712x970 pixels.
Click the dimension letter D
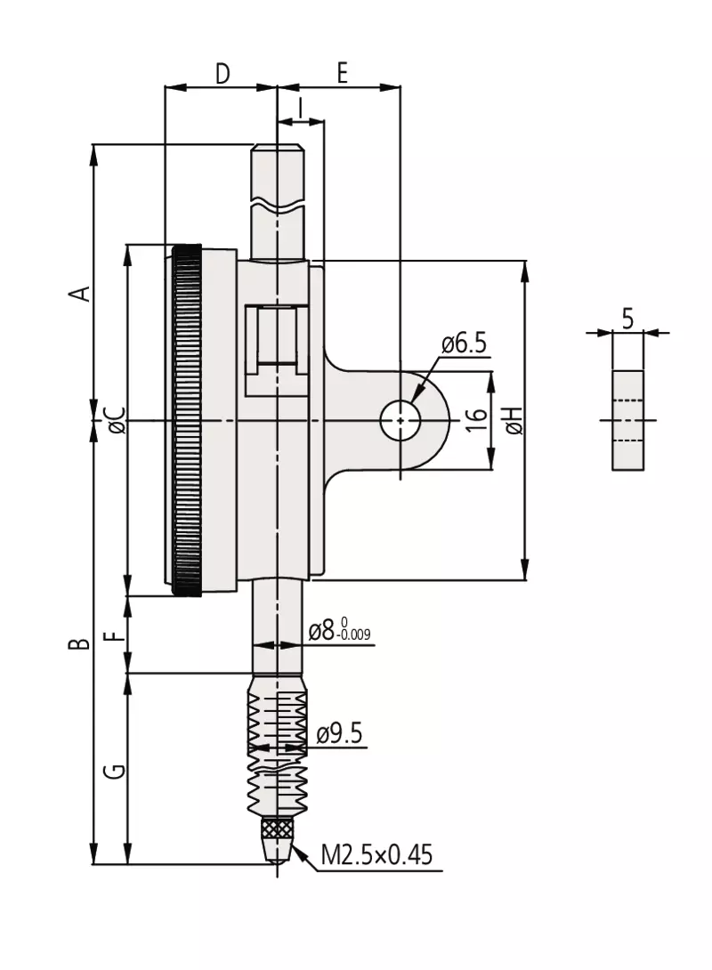(x=222, y=73)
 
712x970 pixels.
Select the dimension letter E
(x=342, y=72)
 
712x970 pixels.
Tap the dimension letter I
(x=300, y=108)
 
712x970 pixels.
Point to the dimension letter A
(x=80, y=293)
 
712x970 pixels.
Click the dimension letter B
(x=80, y=644)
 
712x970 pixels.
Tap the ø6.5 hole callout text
(x=464, y=344)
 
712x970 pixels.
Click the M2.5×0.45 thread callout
(x=376, y=854)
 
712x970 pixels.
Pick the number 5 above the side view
(x=627, y=319)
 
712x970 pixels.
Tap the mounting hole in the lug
(x=400, y=420)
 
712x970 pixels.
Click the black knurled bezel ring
(x=187, y=421)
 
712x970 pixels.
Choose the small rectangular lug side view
(x=627, y=421)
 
